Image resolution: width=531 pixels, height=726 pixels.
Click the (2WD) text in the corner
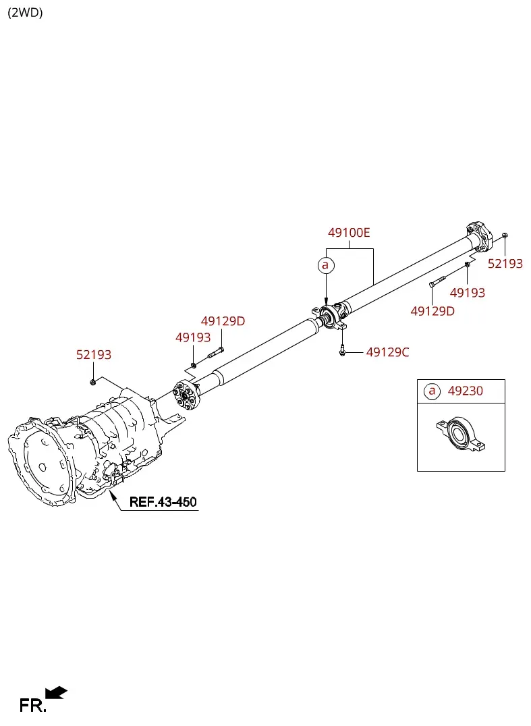pos(25,13)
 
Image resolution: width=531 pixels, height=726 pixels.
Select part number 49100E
pos(349,232)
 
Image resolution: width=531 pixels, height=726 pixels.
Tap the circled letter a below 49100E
pos(325,265)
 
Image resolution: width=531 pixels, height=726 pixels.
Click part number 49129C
pos(387,352)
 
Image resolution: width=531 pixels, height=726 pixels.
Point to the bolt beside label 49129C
pos(342,350)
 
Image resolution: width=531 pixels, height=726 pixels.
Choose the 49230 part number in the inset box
pos(466,391)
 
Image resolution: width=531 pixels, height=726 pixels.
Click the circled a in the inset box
pos(432,391)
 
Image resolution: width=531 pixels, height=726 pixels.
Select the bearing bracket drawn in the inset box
pos(461,434)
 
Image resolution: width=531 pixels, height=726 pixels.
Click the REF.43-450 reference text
pos(163,502)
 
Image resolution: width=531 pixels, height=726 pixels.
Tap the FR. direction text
pos(32,706)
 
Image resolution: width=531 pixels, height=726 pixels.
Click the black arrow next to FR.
pos(57,693)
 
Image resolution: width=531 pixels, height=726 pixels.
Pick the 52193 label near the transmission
pos(94,355)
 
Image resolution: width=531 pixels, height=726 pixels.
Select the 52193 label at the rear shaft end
pos(505,263)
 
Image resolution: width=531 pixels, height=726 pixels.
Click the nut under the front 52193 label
pos(92,382)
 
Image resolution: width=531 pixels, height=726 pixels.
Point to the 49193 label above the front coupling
pos(192,337)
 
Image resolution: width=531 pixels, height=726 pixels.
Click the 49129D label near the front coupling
pos(223,321)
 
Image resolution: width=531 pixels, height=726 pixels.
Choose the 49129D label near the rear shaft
pos(432,311)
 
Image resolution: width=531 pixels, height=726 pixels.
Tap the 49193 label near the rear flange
pos(467,293)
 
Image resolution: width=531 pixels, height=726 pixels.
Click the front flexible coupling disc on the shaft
pos(186,395)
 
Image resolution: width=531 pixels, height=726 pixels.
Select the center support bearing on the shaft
pos(330,317)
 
